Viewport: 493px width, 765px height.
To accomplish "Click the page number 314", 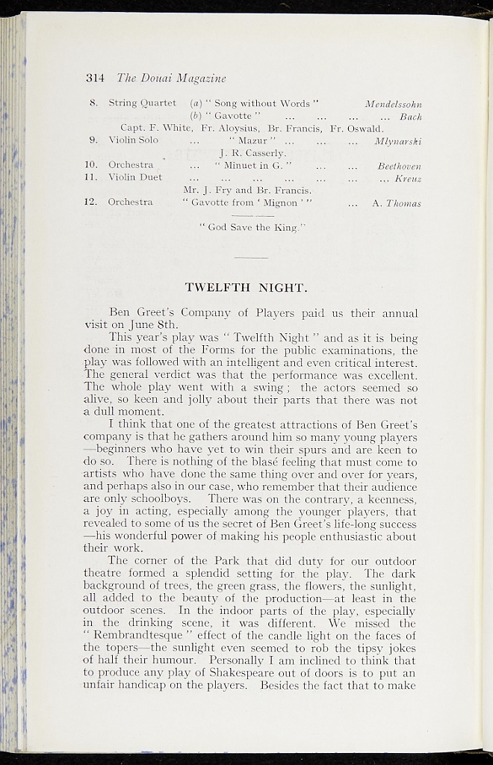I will [x=94, y=78].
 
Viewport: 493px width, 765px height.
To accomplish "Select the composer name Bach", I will [x=411, y=117].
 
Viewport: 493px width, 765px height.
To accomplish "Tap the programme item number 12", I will [x=93, y=202].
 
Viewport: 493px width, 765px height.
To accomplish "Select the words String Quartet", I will [x=142, y=102].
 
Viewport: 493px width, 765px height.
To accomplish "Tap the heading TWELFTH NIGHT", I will [x=246, y=287].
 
